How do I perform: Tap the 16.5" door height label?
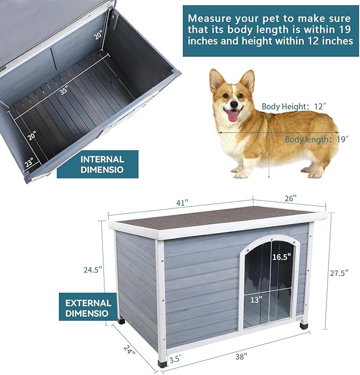(x=282, y=257)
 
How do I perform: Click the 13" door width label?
(x=257, y=300)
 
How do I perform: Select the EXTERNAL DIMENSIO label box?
(x=88, y=308)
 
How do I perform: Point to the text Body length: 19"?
(x=316, y=139)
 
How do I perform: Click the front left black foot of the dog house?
(x=162, y=364)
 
